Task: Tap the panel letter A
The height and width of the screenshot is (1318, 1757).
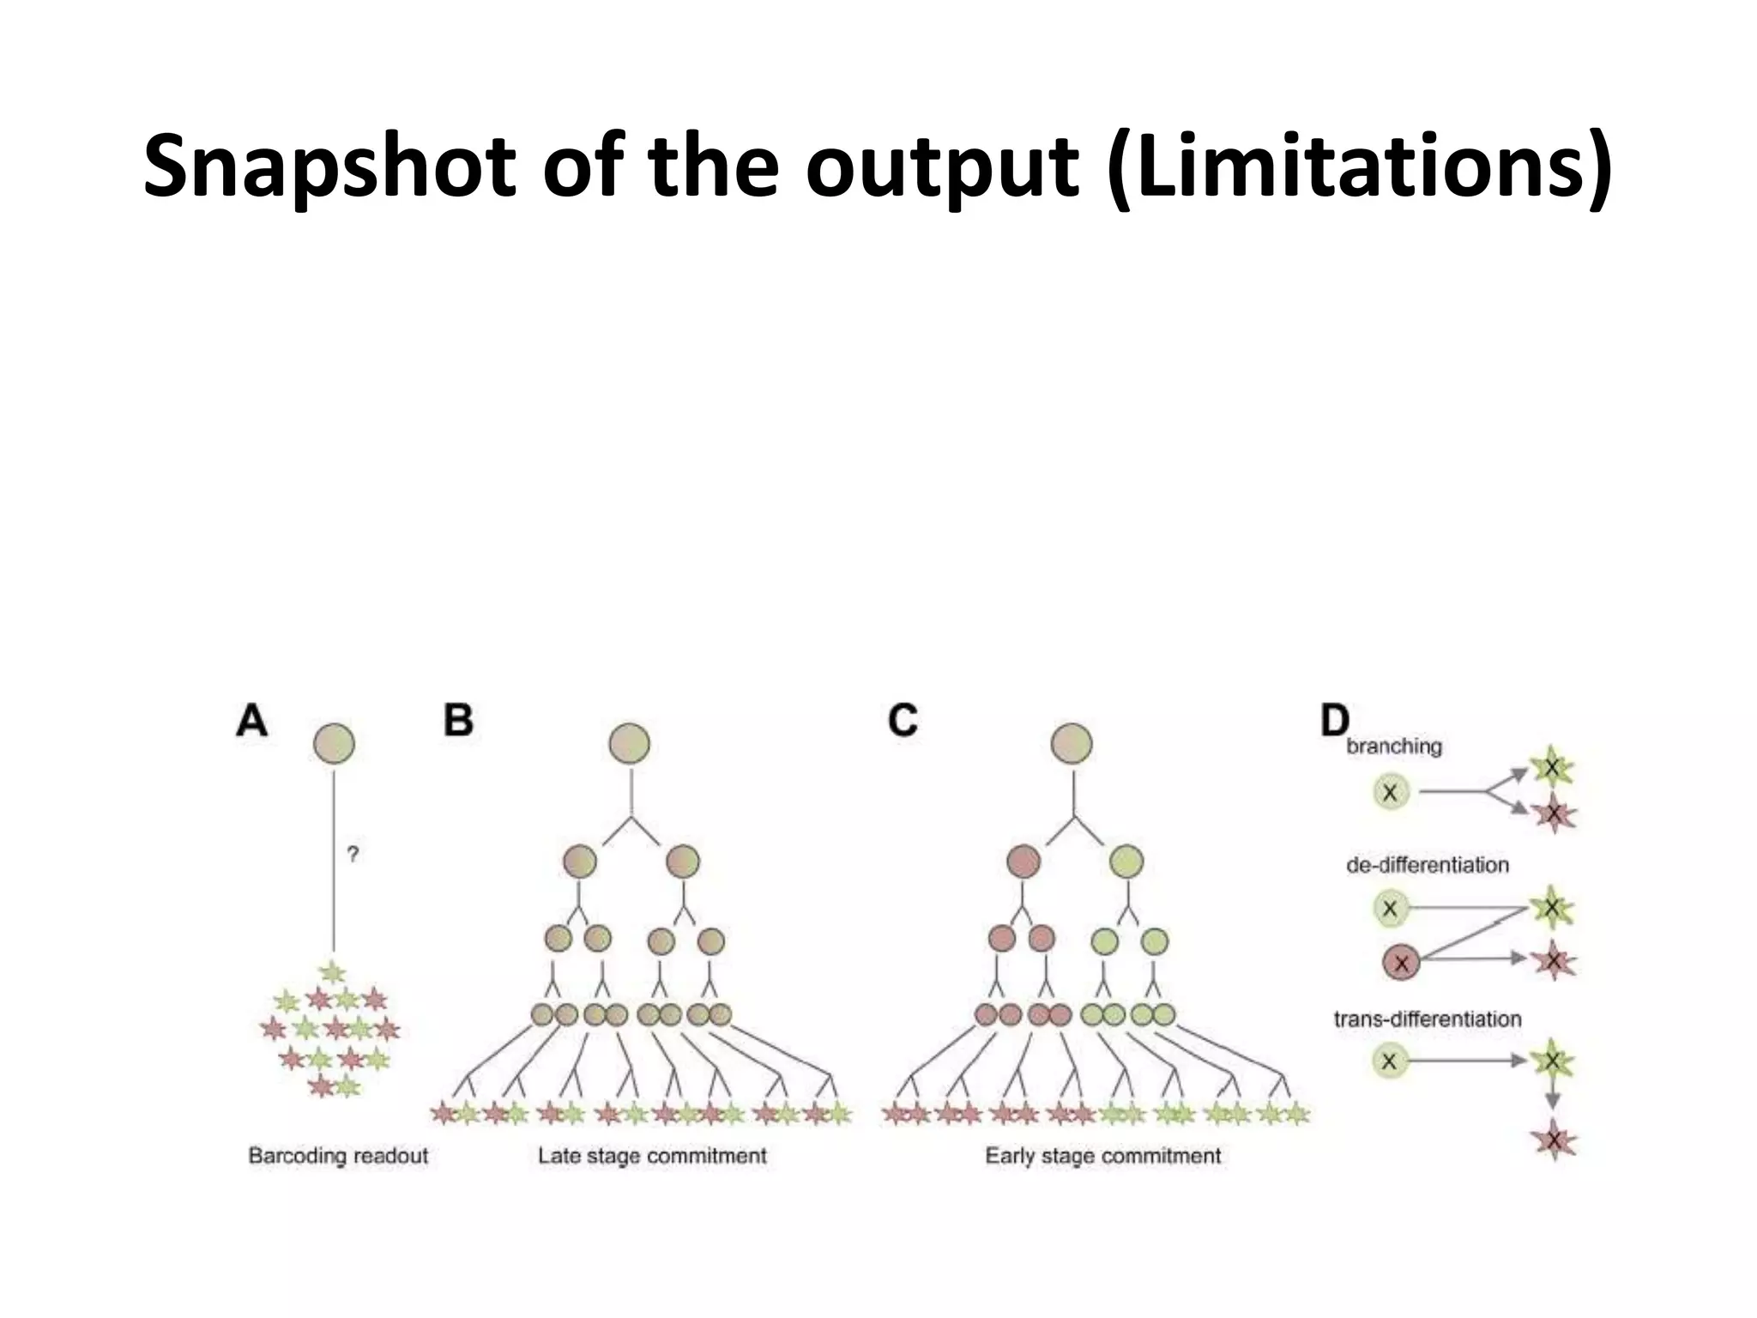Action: click(251, 721)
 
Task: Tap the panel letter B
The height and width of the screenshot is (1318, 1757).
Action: click(458, 721)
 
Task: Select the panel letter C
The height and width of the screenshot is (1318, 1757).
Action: click(903, 721)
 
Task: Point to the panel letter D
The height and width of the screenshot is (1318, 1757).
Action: click(1334, 721)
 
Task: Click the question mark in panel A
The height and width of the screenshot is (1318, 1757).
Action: click(352, 854)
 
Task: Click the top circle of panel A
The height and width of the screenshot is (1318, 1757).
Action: click(334, 743)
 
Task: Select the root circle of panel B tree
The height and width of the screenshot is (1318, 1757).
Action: click(630, 743)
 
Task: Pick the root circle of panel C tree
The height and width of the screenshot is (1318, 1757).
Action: click(1072, 743)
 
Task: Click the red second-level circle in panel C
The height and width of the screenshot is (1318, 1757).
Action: click(1023, 861)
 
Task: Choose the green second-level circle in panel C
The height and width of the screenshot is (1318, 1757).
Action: click(1126, 861)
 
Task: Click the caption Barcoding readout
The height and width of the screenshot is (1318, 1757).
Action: click(338, 1156)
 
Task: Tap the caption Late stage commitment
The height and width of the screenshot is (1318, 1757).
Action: click(652, 1156)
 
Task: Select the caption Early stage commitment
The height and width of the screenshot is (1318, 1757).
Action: click(1102, 1156)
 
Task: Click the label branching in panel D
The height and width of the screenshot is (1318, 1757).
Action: click(1394, 747)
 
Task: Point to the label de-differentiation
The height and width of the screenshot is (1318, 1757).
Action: click(1428, 865)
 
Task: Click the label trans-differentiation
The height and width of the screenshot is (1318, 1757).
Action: click(1428, 1019)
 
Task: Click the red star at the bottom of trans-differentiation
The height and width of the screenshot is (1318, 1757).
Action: click(1554, 1141)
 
